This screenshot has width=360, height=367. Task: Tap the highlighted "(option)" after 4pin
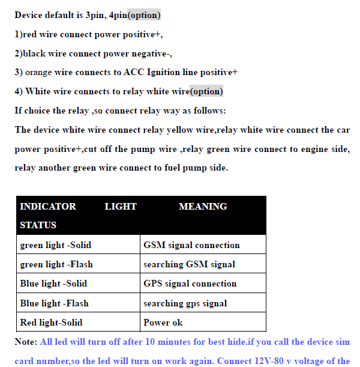click(144, 15)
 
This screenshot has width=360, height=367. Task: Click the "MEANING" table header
click(203, 207)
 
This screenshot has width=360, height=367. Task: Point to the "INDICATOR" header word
click(48, 207)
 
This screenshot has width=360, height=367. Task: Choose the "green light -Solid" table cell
click(56, 245)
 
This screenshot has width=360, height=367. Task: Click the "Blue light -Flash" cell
click(54, 303)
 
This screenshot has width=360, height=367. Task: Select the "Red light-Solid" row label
click(51, 323)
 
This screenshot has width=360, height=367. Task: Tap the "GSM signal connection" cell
click(191, 245)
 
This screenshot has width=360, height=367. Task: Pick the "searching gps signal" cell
click(185, 303)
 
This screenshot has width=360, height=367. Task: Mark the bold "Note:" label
click(25, 342)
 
